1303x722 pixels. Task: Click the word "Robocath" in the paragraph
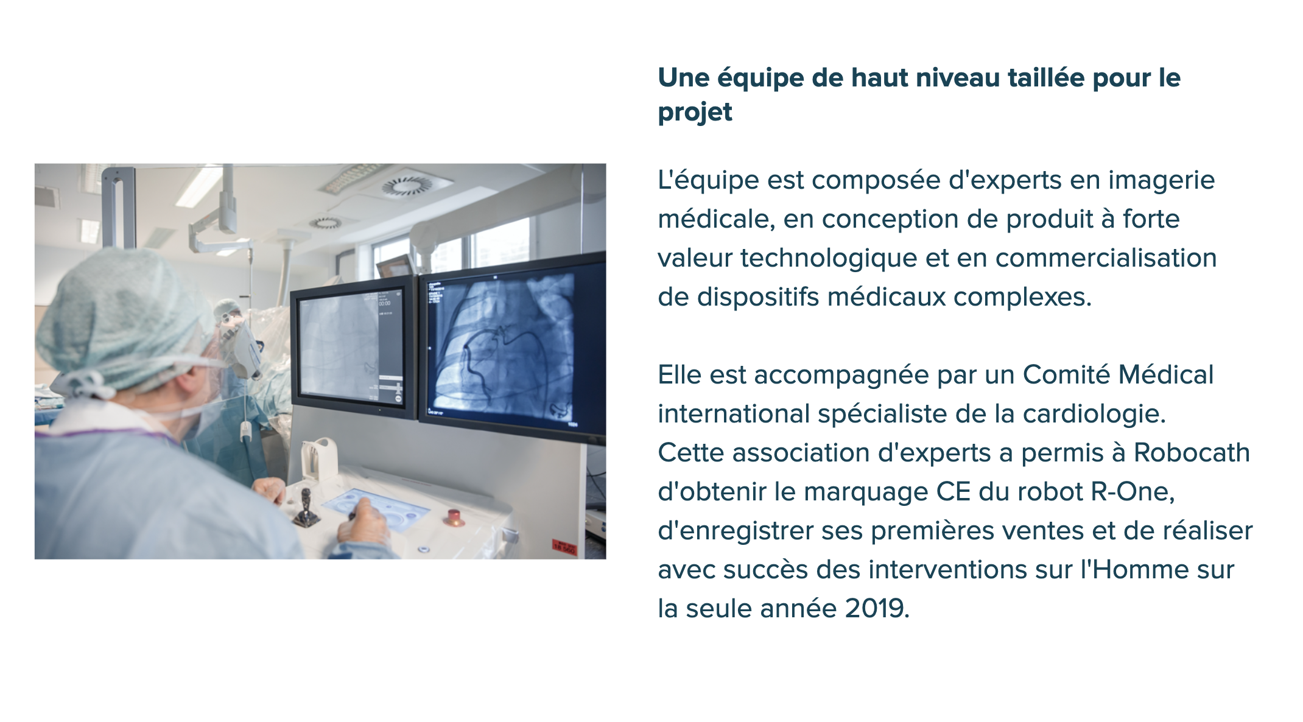click(x=1192, y=453)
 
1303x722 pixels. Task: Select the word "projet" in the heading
click(x=695, y=112)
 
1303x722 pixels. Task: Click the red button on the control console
click(x=454, y=516)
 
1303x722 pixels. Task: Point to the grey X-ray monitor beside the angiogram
click(x=354, y=347)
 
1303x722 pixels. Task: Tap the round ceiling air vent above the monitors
click(x=407, y=186)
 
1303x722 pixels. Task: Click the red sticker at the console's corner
click(x=563, y=547)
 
